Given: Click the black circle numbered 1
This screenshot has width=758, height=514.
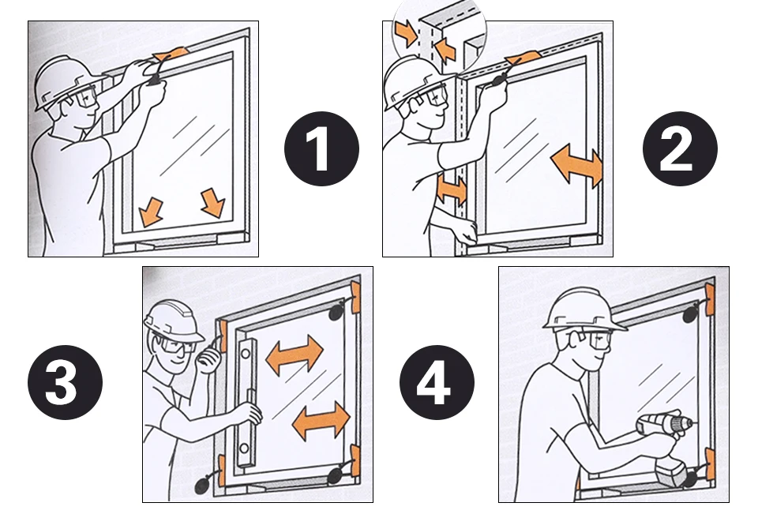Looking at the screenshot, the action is point(321,148).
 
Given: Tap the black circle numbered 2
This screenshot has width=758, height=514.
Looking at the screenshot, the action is point(680,148).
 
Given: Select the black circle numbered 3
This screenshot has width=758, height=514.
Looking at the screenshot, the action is point(66,382).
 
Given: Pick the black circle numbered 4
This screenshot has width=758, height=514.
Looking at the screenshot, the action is point(437,382).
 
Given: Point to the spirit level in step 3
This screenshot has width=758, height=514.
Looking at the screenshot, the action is point(246,403).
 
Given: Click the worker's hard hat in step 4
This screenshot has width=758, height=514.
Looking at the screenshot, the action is point(583,310).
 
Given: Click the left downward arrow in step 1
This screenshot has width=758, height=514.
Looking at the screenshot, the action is point(150,212).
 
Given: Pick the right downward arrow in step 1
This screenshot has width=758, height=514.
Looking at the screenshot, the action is point(212,203).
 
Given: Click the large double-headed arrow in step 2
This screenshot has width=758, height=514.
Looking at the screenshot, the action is point(576,165).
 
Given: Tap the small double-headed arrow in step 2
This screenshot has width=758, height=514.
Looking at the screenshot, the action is point(452,189).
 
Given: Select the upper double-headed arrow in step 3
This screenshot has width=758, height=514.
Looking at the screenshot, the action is point(295,355).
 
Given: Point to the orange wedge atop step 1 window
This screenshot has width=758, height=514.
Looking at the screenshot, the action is point(171,54).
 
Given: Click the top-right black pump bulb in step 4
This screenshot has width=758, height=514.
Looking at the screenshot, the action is point(692,314).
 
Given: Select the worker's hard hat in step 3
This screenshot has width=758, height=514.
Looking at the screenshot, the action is point(173,320).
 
